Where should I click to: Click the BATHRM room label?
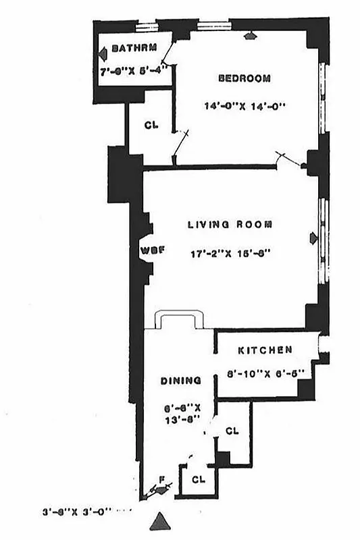(x=134, y=48)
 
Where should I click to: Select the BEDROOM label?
(x=244, y=78)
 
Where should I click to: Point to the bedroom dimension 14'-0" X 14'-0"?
(x=245, y=106)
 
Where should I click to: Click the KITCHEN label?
(x=265, y=350)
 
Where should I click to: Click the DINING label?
(x=180, y=381)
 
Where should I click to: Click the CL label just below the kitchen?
(x=232, y=431)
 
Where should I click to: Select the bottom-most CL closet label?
(x=198, y=479)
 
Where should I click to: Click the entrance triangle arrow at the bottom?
(x=161, y=521)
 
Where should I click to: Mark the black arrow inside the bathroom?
(x=103, y=55)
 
